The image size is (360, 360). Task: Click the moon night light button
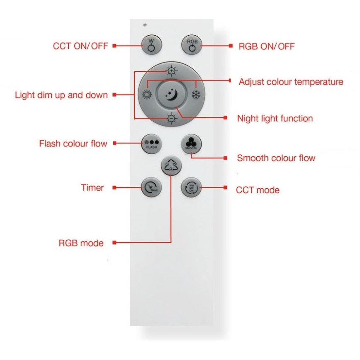tap(171, 94)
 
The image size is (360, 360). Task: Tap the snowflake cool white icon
tap(195, 94)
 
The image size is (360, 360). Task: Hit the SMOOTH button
tap(191, 144)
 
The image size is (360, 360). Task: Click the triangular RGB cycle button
tap(171, 166)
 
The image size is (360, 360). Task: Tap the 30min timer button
tap(151, 187)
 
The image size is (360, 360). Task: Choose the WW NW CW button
tap(191, 187)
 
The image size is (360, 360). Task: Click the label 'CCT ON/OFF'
tap(80, 46)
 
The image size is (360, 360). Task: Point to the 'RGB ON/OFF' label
tap(266, 46)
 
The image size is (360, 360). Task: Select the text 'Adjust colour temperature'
tap(291, 82)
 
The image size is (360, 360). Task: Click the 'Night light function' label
tap(275, 119)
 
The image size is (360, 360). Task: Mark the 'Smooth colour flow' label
tap(276, 158)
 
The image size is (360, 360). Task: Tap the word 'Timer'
tap(92, 188)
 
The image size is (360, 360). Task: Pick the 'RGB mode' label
tap(80, 242)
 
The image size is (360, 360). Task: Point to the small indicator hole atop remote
tap(145, 24)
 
